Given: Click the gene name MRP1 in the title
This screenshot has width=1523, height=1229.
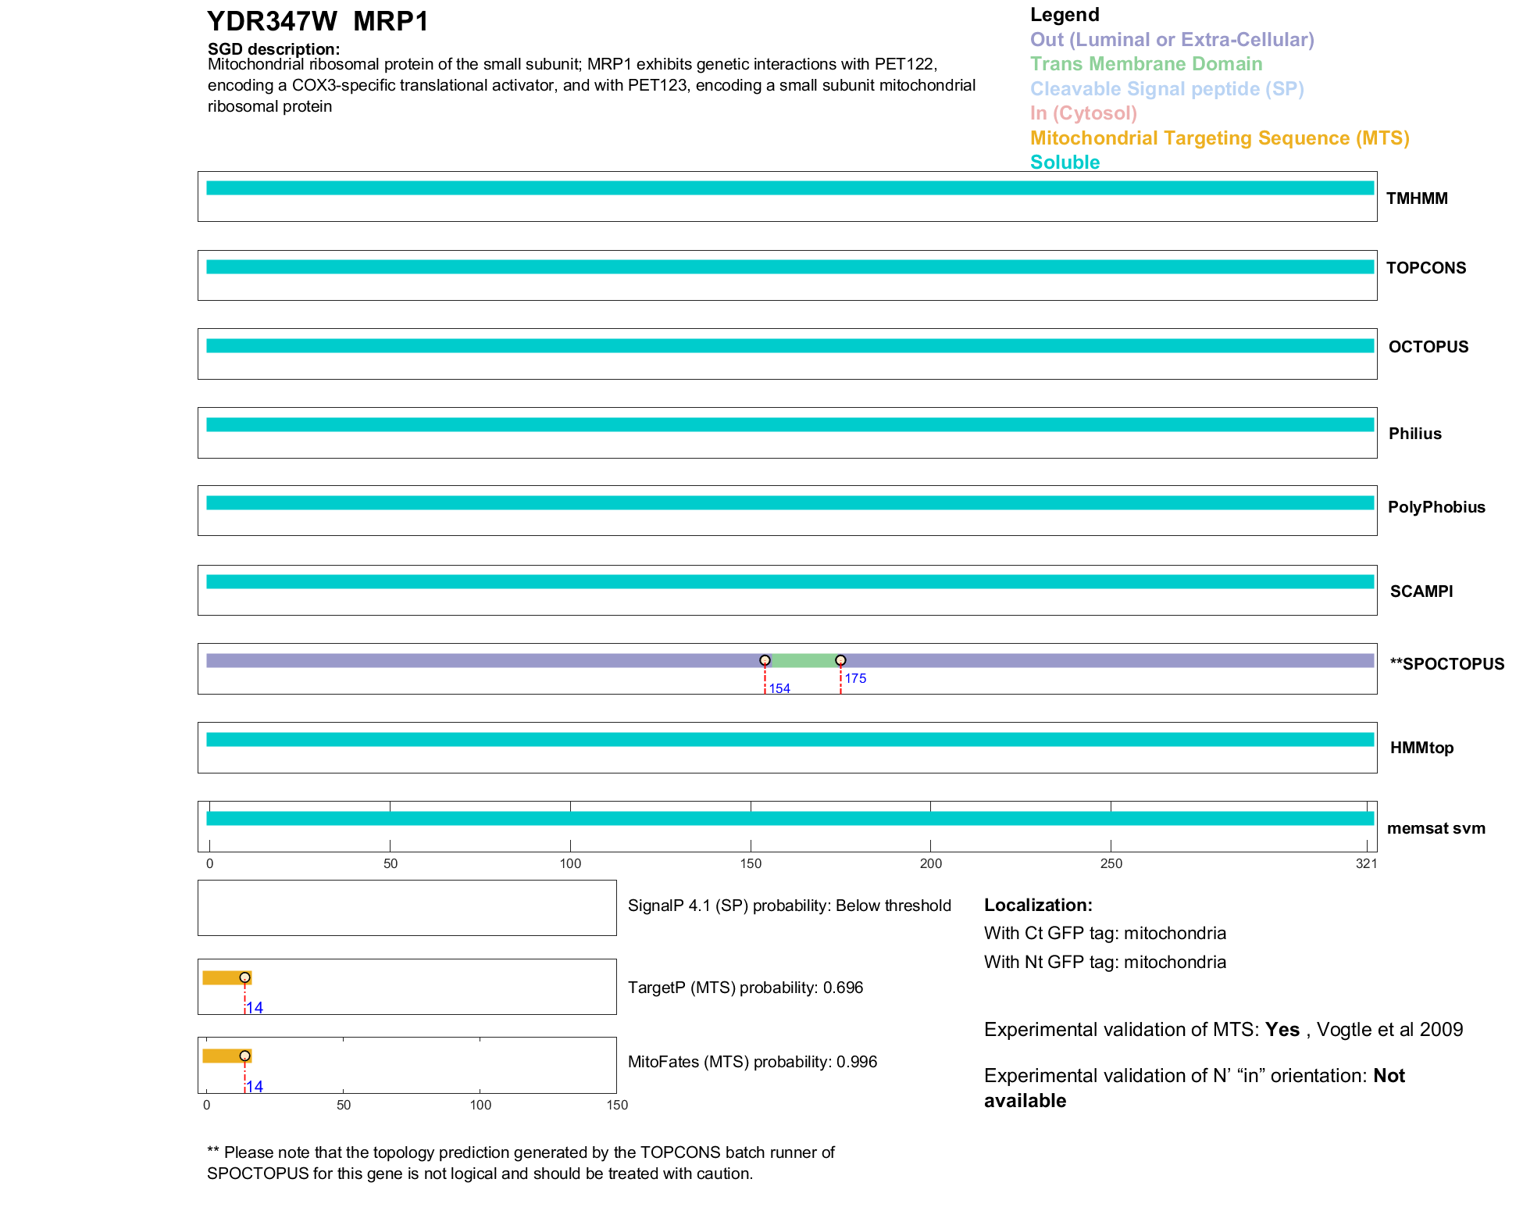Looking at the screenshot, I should (391, 22).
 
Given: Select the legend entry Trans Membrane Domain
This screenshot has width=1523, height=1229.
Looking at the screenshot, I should (1146, 64).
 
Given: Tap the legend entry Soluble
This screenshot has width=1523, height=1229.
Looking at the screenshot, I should (1065, 163).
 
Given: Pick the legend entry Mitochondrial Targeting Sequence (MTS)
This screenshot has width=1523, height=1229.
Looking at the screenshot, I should (1219, 138).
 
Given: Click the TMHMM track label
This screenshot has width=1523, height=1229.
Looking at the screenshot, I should (1416, 198).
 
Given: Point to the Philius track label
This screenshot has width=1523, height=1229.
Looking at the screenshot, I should (1414, 434).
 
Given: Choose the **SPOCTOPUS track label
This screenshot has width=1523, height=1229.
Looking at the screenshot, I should (1446, 664).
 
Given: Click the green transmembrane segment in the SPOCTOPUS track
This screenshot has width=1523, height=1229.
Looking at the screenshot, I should (803, 661).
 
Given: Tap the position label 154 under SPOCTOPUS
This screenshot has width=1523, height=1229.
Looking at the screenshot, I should (779, 688).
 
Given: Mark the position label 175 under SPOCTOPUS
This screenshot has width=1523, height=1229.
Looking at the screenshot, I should (855, 678).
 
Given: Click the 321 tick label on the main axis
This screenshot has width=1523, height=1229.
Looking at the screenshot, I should (1366, 863).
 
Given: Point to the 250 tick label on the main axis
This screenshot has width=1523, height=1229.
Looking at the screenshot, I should (1111, 863).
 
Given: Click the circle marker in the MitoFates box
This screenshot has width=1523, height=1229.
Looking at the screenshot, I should (245, 1056).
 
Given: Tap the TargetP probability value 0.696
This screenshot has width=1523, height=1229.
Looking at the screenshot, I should (843, 988).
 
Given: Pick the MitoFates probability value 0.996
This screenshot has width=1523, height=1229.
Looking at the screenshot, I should (856, 1062).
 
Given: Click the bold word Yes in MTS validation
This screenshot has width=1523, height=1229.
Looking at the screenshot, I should (1282, 1030).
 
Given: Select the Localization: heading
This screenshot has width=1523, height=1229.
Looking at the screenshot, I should (1038, 905).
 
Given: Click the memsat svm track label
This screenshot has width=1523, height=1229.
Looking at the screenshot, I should (1436, 828).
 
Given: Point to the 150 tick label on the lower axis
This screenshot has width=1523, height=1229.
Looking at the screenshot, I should (617, 1105).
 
